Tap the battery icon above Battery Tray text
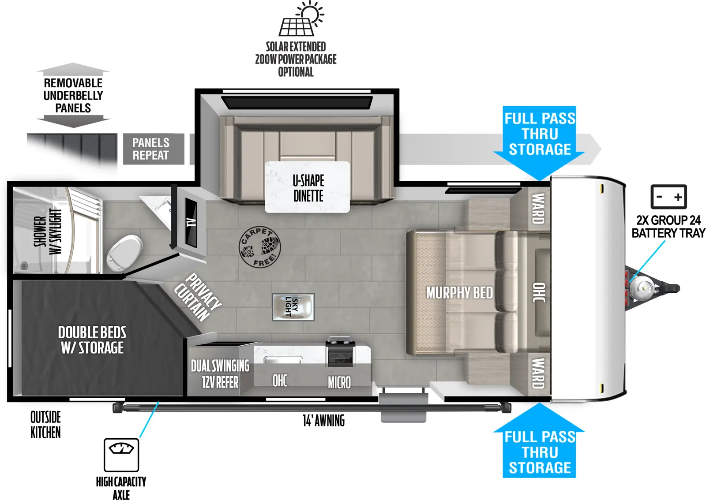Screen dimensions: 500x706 (668, 197)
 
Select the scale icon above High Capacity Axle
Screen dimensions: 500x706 (121, 455)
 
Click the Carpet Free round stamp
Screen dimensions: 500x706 (259, 247)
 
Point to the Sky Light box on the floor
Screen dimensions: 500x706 (293, 307)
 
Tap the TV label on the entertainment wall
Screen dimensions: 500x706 (191, 222)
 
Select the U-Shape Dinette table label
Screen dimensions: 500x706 (308, 188)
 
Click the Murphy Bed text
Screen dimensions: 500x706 (459, 293)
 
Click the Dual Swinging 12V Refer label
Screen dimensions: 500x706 (220, 373)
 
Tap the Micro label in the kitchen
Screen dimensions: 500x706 (339, 382)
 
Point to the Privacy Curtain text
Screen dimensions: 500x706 (197, 297)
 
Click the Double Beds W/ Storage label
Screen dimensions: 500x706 (92, 340)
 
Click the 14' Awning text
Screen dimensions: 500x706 (323, 421)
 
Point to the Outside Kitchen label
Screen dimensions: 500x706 (45, 425)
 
